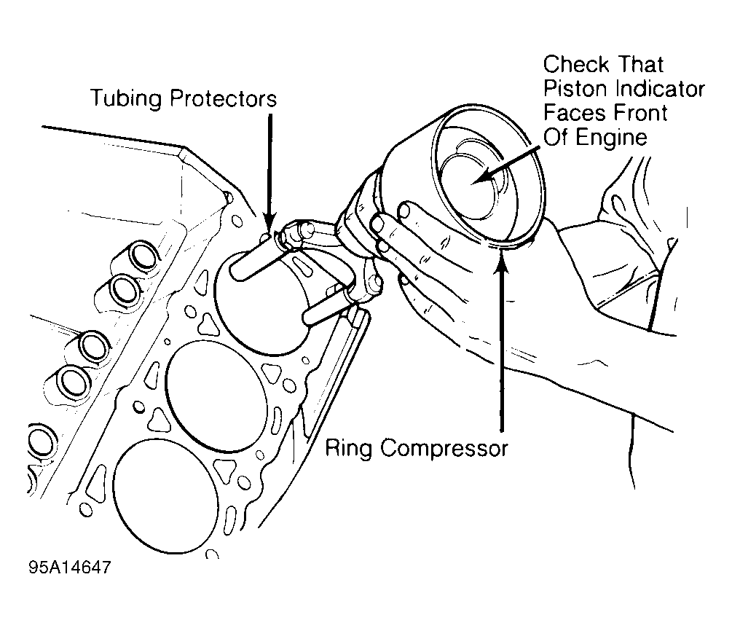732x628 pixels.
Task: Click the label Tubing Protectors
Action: [x=183, y=98]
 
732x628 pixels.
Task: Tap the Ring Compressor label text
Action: [x=415, y=447]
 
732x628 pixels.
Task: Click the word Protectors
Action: [x=223, y=98]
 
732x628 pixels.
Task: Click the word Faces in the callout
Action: [x=575, y=113]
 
